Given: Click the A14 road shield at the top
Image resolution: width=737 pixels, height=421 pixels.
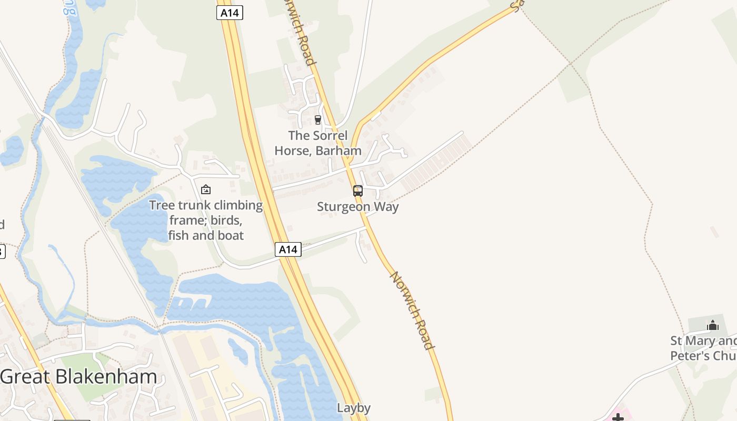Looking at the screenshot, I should (230, 13).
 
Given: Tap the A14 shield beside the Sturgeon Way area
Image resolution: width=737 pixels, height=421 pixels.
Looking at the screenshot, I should (288, 249).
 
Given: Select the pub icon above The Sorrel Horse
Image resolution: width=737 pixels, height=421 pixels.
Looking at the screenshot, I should (317, 120).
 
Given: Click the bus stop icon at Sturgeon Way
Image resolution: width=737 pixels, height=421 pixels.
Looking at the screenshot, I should (358, 191).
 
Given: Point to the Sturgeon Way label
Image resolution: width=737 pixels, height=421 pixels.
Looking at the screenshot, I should (358, 207).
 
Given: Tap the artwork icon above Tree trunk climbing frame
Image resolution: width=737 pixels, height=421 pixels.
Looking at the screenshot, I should (206, 189).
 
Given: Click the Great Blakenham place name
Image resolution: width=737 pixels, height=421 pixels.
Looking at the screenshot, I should (78, 377).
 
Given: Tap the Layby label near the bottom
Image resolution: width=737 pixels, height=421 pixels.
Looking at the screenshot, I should (354, 408).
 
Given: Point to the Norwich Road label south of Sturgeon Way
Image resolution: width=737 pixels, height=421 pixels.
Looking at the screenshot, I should (412, 310).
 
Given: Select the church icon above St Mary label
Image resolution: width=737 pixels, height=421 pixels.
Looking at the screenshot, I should (713, 325).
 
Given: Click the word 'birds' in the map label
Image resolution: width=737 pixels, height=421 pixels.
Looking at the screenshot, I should (226, 220).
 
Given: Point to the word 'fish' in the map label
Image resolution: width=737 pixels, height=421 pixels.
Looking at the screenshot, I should (178, 235).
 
